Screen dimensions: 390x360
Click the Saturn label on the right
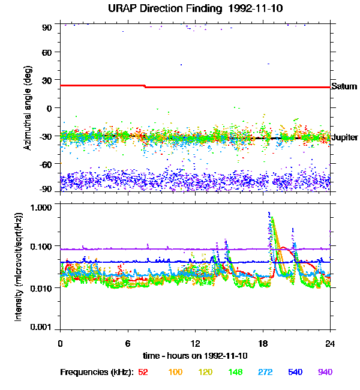click(x=344, y=87)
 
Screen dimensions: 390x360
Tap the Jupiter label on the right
click(x=344, y=138)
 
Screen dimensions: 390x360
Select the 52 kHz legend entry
click(x=143, y=372)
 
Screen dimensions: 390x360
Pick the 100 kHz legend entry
click(x=175, y=372)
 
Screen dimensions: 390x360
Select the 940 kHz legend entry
click(x=325, y=372)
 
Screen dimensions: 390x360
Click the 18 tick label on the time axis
click(x=263, y=343)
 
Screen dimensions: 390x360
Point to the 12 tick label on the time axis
click(x=195, y=343)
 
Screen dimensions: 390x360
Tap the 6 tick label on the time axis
click(x=128, y=343)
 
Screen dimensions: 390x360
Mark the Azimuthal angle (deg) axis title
click(x=27, y=108)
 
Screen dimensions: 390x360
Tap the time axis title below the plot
click(x=195, y=356)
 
